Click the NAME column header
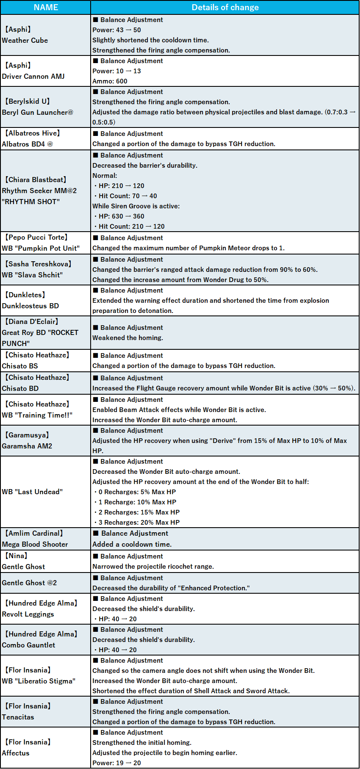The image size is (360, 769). click(x=46, y=7)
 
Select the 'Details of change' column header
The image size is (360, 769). click(x=225, y=7)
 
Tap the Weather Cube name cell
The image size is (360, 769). click(x=25, y=41)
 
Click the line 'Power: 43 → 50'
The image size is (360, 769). click(x=116, y=30)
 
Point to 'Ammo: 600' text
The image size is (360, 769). click(x=110, y=81)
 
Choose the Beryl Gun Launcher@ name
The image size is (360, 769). click(x=38, y=113)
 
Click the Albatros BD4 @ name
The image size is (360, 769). click(x=28, y=144)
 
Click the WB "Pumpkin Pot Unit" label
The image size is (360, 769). click(x=41, y=248)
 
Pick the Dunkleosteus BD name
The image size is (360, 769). click(x=30, y=306)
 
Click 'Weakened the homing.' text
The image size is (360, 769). click(x=127, y=338)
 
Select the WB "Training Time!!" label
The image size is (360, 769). click(x=37, y=415)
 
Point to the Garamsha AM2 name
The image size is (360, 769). click(x=27, y=446)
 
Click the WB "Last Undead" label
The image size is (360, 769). click(x=32, y=492)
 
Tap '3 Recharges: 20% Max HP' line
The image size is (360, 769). click(x=139, y=523)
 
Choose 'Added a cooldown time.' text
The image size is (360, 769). click(x=132, y=544)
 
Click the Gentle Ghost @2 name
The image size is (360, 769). click(x=29, y=583)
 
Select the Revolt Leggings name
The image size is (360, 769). click(x=28, y=614)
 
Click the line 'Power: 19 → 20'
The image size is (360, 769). click(x=116, y=763)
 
